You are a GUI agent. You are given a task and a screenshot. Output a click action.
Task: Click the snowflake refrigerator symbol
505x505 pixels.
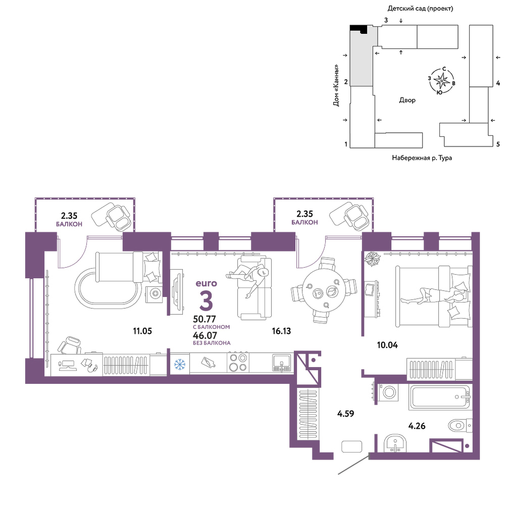point(180,364)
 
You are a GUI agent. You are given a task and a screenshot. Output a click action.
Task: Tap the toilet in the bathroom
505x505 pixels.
point(460,426)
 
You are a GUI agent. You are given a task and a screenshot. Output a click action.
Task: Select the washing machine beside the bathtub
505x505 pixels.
point(388,392)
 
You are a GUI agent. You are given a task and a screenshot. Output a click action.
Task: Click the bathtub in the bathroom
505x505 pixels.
point(440,397)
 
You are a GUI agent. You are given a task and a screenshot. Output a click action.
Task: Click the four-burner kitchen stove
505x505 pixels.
point(238,363)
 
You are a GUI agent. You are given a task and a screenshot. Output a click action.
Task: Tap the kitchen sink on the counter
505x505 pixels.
point(282,363)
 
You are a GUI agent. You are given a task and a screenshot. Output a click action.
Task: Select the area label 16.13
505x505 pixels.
point(281,331)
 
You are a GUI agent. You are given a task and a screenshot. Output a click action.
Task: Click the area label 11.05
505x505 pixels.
point(142,331)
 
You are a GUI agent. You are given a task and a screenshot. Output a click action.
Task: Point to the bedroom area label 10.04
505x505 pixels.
point(387,345)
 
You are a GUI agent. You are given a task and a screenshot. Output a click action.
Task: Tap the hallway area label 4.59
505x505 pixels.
point(345,414)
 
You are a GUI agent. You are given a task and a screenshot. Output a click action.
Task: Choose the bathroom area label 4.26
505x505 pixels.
point(417,426)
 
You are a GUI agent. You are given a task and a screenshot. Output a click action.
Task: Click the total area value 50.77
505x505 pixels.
point(205,319)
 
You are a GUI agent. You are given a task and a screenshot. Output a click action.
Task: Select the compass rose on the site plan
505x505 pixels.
point(441,81)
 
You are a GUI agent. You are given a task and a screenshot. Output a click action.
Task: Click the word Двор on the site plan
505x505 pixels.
point(407,100)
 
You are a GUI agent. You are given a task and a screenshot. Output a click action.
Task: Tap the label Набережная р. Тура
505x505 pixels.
point(422,158)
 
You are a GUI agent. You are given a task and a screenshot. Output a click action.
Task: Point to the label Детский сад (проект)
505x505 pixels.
point(420,9)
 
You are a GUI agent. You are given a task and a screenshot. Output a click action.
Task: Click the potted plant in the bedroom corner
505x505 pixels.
point(372,259)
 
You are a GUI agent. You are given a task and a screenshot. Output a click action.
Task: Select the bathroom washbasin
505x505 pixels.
point(395,443)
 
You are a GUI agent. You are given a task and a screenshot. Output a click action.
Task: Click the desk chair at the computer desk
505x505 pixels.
point(70,345)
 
